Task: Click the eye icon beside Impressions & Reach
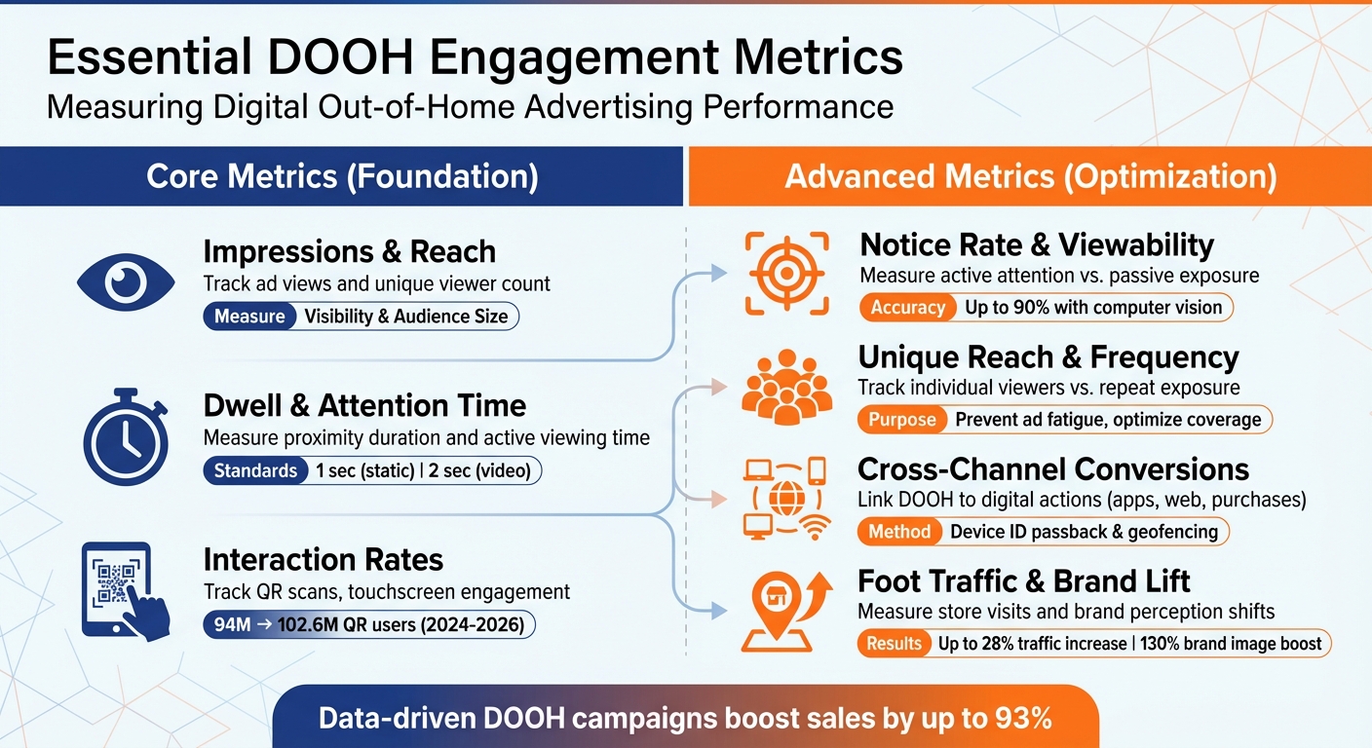click(125, 283)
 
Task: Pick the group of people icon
click(786, 387)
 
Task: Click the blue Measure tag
click(249, 317)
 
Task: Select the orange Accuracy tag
click(907, 308)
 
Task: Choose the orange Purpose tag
click(902, 420)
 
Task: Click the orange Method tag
click(900, 532)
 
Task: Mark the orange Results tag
click(894, 644)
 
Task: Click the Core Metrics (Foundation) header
click(342, 176)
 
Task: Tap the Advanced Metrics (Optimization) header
click(1030, 176)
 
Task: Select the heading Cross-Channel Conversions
click(1052, 470)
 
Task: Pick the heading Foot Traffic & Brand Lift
click(1023, 582)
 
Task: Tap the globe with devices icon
click(783, 499)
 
